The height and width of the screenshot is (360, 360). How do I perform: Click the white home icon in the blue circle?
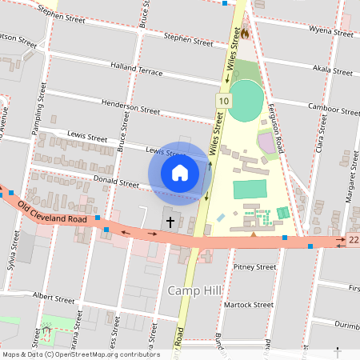click(180, 172)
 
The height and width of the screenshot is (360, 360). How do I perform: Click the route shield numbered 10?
click(223, 100)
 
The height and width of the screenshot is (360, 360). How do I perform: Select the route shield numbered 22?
click(353, 239)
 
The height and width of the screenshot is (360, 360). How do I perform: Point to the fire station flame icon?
click(245, 34)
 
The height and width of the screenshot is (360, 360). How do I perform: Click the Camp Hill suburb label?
click(190, 290)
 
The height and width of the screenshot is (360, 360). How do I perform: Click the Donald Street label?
click(117, 182)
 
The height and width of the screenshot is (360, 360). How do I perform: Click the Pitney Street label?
click(255, 266)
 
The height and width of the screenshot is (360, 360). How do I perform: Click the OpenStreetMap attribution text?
click(81, 354)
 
